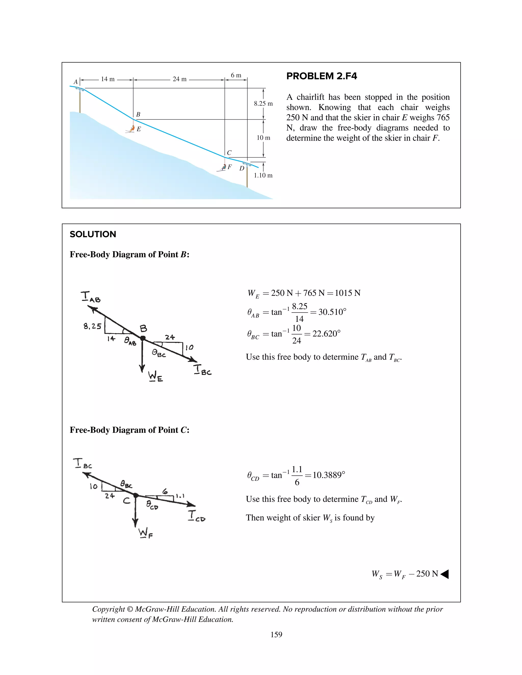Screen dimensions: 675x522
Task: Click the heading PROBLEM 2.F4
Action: [x=321, y=76]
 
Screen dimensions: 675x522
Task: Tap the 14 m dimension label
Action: [x=108, y=79]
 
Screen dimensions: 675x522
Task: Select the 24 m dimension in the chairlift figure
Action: [x=179, y=79]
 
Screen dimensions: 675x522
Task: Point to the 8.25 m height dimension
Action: [x=263, y=103]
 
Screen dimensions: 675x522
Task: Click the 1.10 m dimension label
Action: [x=263, y=175]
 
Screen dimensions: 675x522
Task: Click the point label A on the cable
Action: [x=75, y=82]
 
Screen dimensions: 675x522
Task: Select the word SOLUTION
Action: [x=93, y=234]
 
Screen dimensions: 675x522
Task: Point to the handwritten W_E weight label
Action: [x=155, y=376]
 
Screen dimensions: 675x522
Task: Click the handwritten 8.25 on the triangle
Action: [x=92, y=326]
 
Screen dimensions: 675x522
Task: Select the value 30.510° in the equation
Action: [x=332, y=312]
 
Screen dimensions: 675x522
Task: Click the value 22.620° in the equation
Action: [x=326, y=334]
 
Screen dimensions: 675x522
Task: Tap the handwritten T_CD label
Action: [x=196, y=516]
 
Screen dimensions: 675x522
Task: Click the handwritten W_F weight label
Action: [x=145, y=533]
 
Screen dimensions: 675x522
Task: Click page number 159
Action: [x=276, y=634]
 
